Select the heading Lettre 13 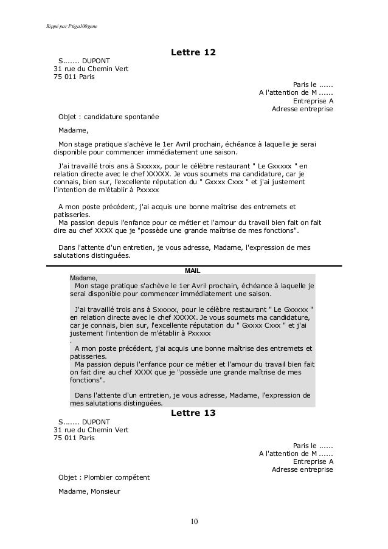[193, 413]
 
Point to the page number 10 [194, 521]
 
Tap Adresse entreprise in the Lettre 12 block [302, 109]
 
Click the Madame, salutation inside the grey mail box [83, 277]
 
